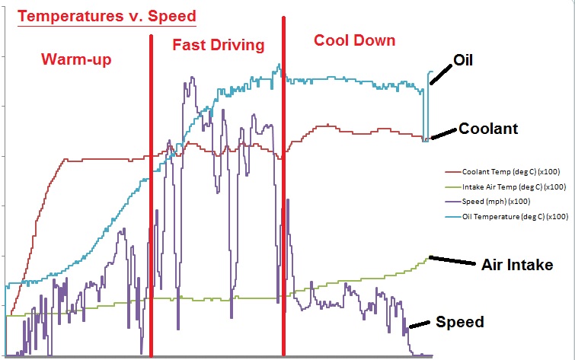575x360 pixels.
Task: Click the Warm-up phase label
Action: pyautogui.click(x=77, y=59)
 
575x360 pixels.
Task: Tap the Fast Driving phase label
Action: pyautogui.click(x=218, y=45)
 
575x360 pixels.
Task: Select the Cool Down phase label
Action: pyautogui.click(x=355, y=40)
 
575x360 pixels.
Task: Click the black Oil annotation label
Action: pyautogui.click(x=463, y=59)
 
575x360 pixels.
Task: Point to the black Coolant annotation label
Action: pyautogui.click(x=487, y=129)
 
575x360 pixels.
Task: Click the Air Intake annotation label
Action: pyautogui.click(x=517, y=265)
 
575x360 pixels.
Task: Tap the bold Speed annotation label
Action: pyautogui.click(x=459, y=322)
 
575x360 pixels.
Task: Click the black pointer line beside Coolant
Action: pyautogui.click(x=443, y=133)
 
